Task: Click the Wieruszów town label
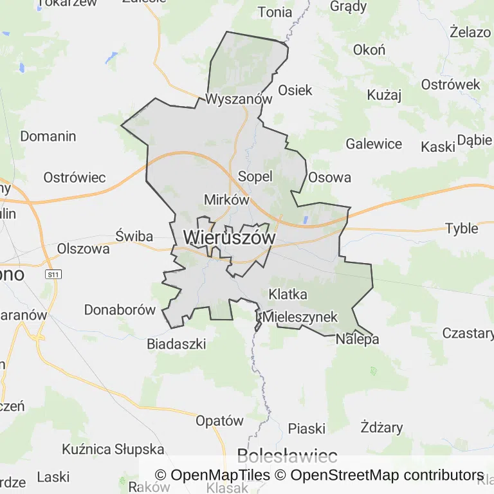point(229,237)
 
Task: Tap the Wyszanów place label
point(239,99)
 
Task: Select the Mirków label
point(226,199)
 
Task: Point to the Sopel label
point(255,176)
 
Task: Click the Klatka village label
point(288,295)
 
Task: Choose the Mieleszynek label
point(300,317)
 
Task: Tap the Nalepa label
point(358,339)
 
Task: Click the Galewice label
point(374,144)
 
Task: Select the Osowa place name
point(330,178)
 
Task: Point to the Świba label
point(134,236)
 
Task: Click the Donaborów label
point(120,310)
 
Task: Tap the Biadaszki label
point(176,344)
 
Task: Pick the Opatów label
point(219,421)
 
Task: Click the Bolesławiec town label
point(287,457)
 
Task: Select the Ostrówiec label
point(74,177)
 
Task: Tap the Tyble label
point(462,228)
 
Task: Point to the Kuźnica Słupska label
point(113,449)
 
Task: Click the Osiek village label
point(295,90)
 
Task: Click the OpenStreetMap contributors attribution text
point(387,475)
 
